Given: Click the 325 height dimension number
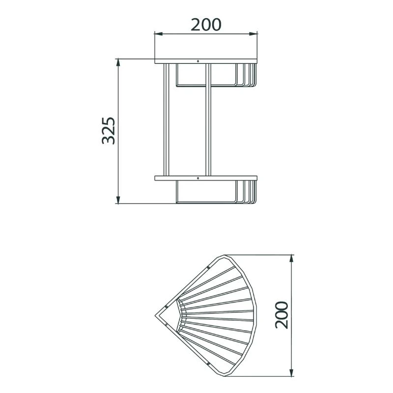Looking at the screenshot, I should coord(109,131).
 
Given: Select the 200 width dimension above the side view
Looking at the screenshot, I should coord(206,24).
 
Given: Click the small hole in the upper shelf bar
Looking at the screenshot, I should coord(198,62).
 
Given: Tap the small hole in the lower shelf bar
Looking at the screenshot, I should coord(198,178).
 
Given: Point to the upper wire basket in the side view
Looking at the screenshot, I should coord(216,76).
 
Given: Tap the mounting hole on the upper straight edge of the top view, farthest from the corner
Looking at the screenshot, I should coord(208,267).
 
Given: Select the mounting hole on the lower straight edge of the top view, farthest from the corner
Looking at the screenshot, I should coord(208,363).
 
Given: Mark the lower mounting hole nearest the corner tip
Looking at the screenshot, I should coord(167,325).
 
